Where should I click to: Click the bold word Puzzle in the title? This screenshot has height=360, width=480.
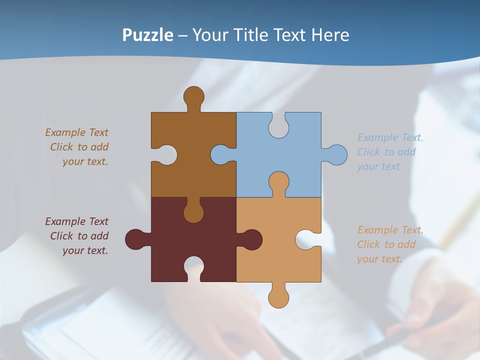[x=148, y=35]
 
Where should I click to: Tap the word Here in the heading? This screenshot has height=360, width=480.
[x=330, y=35]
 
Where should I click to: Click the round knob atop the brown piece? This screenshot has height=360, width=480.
[x=193, y=96]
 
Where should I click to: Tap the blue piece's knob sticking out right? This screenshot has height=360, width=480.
[x=337, y=154]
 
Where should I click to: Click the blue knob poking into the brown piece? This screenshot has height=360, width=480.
[x=220, y=154]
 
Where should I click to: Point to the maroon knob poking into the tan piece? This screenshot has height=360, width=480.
[x=251, y=239]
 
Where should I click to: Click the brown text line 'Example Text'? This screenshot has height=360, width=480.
[x=76, y=132]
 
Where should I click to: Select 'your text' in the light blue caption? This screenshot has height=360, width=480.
[x=378, y=166]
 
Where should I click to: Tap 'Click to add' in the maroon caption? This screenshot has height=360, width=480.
[x=79, y=236]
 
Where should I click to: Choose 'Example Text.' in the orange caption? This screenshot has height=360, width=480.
[x=390, y=230]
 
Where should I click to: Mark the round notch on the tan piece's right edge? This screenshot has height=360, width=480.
[x=306, y=239]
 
